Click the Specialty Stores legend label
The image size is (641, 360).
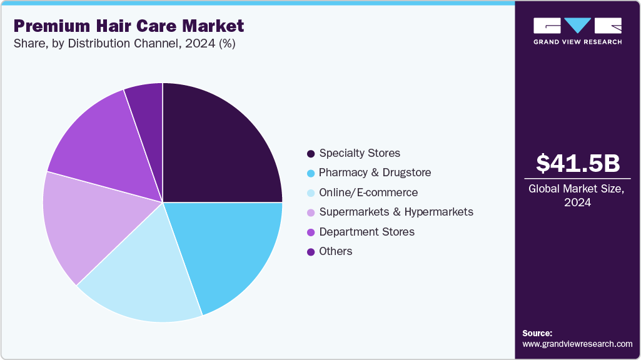[x=360, y=153]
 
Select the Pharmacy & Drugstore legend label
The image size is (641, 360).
[x=375, y=172]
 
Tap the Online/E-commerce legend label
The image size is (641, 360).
[x=368, y=192]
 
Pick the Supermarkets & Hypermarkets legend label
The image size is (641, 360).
[x=396, y=212]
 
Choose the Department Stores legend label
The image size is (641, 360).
[x=366, y=232]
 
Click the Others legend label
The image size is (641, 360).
[x=336, y=251]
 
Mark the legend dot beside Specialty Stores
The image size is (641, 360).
[x=310, y=154]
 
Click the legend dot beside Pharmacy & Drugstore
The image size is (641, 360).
[x=310, y=173]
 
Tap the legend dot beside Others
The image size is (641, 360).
[x=310, y=252]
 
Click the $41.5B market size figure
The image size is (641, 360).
[x=578, y=163]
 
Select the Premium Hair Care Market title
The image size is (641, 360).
[x=129, y=26]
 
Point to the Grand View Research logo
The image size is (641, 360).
[x=577, y=31]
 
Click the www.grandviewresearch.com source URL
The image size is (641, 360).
[x=577, y=344]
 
